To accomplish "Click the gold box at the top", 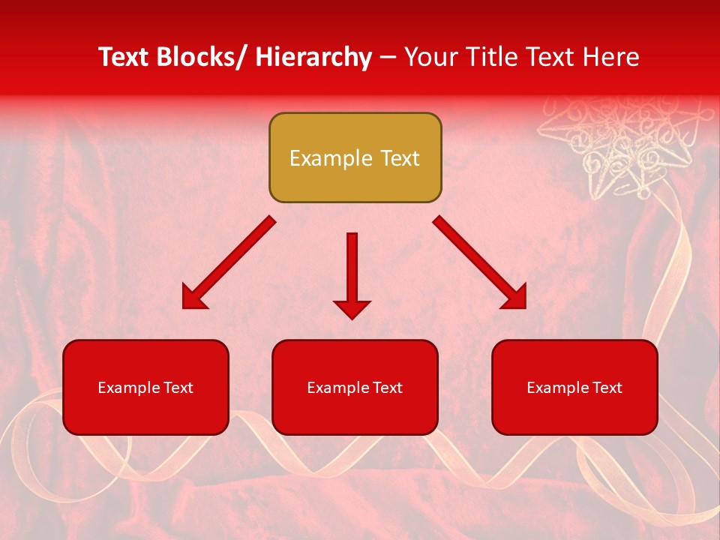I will [355, 157].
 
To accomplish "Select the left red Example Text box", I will [145, 387].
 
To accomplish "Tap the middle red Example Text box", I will [355, 387].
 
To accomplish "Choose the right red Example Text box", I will [574, 387].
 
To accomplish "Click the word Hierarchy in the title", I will [313, 57].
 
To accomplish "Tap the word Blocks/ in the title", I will [204, 57].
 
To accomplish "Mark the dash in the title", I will [388, 57].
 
